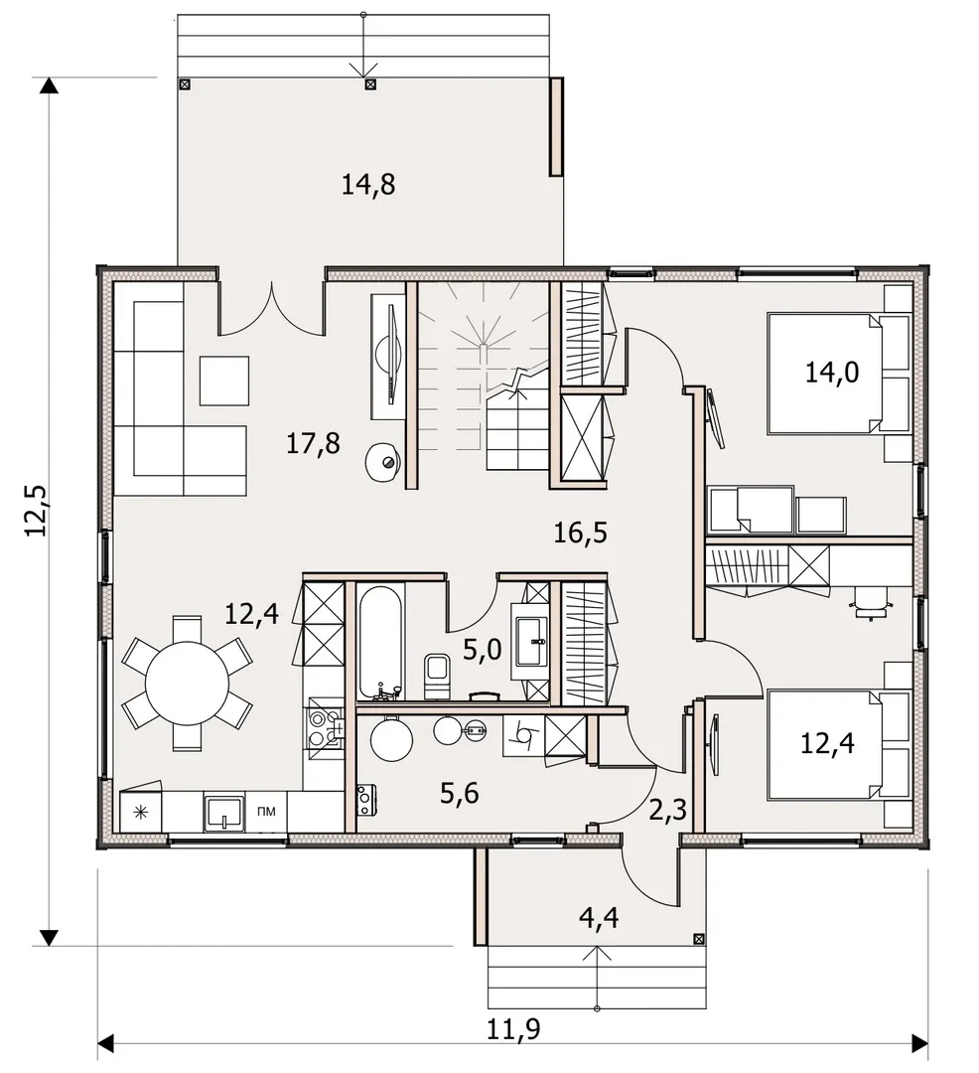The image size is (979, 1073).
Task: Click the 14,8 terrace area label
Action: point(367,185)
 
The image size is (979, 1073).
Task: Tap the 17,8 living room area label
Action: point(313,443)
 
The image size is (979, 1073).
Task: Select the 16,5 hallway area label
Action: point(580,533)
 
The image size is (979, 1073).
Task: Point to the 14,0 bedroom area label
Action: point(831,373)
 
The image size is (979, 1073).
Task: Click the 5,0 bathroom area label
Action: point(482,650)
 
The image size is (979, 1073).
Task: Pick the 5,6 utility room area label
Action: point(460,793)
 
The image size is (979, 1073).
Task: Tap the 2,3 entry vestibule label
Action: point(666,811)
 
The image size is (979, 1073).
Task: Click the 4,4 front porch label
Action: point(599,917)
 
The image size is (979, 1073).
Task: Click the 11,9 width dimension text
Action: point(512,1029)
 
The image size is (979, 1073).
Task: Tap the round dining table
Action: point(188,683)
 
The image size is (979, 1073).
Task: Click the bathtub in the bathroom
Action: point(381,641)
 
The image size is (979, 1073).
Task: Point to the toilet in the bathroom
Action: point(436,677)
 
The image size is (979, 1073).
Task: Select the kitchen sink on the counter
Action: point(223,813)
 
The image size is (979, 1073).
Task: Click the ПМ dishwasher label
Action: point(267,812)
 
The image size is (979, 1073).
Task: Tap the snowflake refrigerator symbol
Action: point(141,813)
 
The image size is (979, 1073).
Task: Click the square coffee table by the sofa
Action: point(224,380)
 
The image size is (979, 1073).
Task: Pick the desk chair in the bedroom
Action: point(871,604)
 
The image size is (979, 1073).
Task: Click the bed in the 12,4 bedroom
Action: point(840,744)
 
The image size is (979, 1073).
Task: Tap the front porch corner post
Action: point(699,939)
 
